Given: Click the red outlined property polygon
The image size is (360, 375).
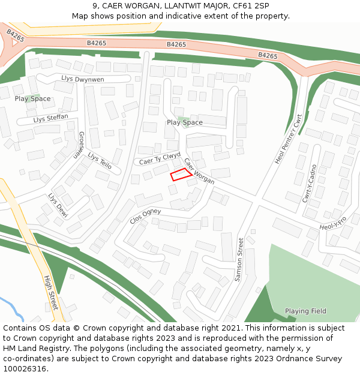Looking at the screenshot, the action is pos(181,174).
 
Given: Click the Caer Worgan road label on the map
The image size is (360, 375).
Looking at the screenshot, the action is pos(199,172).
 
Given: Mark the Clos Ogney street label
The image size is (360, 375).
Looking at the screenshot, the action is pos(145,216).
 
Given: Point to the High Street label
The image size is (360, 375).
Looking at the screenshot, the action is pos(51,293).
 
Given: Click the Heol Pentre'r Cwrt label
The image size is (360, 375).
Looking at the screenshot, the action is pos(287,139).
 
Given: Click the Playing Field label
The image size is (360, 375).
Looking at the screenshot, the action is pos(305,311).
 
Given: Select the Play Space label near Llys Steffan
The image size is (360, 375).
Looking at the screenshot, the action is pos(32,99).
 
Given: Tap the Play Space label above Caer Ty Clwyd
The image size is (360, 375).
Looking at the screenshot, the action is pos(185,122).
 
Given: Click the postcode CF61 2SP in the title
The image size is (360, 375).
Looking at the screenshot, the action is pos(251,6).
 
